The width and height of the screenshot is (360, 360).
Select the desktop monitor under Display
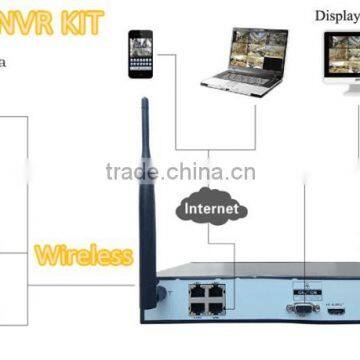339,62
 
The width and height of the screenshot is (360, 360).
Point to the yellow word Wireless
83,255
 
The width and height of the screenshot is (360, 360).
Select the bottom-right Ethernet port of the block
216,308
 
